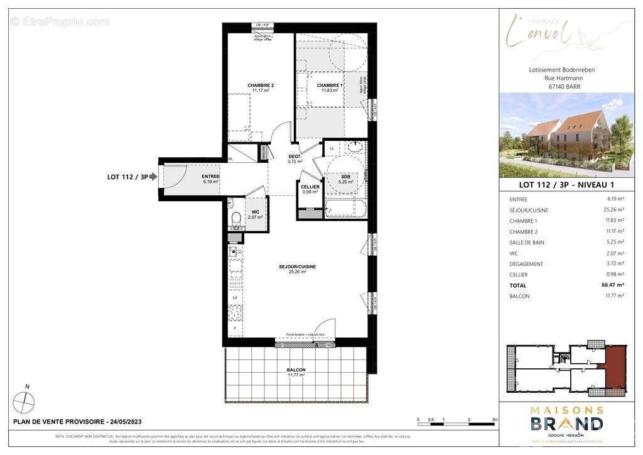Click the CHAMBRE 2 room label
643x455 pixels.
coord(261,85)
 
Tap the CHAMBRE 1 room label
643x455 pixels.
coord(329,85)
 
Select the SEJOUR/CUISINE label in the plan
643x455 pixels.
coord(297,266)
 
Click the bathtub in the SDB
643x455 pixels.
coord(345,209)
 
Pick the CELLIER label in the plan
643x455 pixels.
coord(310,187)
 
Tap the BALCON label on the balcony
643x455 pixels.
coord(296,370)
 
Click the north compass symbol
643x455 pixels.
coord(24,400)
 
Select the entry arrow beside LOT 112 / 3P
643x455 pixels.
coord(153,177)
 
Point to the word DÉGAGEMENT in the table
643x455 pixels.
coord(527,264)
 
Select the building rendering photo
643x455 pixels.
coord(566,136)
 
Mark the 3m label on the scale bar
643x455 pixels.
coord(495,419)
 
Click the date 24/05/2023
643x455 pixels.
coord(126,422)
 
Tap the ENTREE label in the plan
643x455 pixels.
coord(210,177)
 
